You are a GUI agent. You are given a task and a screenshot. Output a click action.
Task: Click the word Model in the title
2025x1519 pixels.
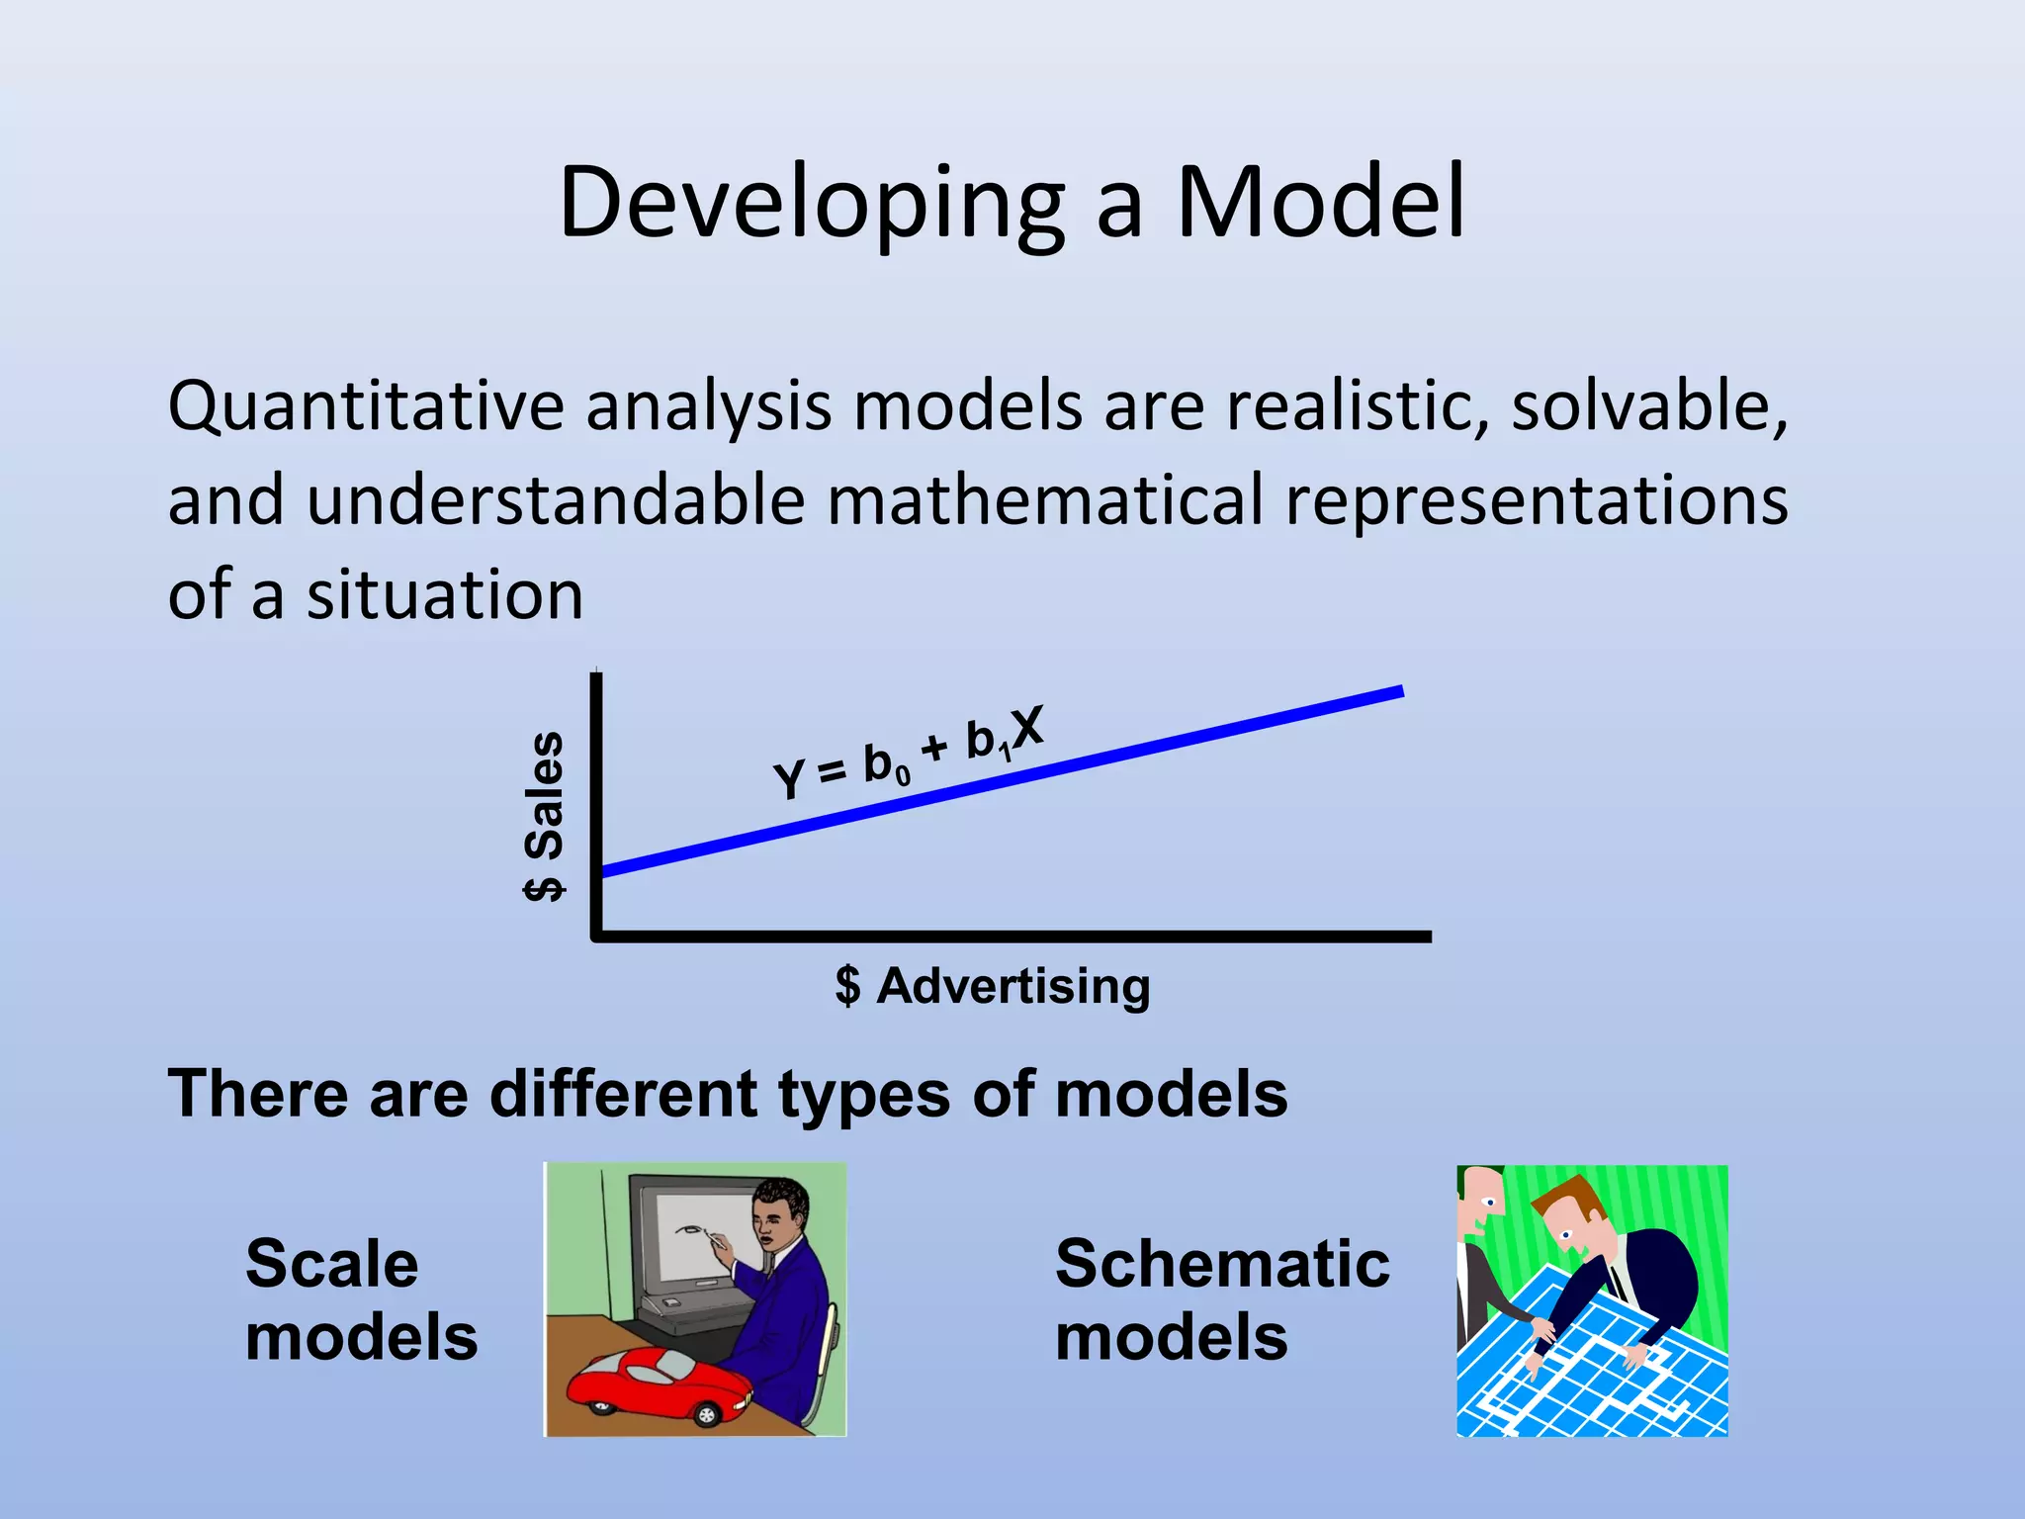pyautogui.click(x=1320, y=202)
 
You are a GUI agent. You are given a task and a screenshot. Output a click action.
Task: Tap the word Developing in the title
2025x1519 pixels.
pyautogui.click(x=811, y=204)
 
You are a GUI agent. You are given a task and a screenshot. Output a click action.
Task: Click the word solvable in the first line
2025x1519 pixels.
pyautogui.click(x=1649, y=405)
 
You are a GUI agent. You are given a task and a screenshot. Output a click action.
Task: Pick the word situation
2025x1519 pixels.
pyautogui.click(x=445, y=595)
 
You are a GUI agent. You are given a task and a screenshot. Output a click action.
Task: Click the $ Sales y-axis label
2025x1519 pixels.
pyautogui.click(x=543, y=816)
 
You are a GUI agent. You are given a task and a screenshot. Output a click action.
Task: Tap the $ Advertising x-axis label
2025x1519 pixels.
pyautogui.click(x=993, y=986)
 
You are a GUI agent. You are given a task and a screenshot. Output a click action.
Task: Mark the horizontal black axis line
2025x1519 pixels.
pyautogui.click(x=1009, y=936)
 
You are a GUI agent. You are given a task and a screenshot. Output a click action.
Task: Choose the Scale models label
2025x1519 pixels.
pyautogui.click(x=361, y=1299)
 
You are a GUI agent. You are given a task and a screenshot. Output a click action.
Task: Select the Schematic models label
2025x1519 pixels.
pyautogui.click(x=1221, y=1299)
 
